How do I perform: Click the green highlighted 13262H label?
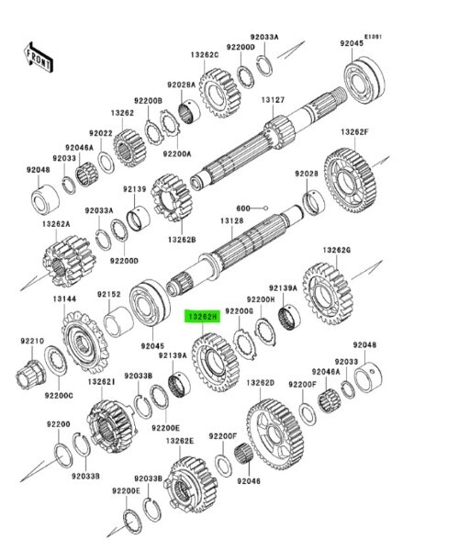203,317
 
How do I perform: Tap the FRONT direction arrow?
39,57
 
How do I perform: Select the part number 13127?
273,100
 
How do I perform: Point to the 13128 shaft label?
231,221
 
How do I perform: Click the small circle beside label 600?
266,208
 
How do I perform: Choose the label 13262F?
354,132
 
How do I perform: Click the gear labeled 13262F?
350,180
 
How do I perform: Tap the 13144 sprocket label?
64,298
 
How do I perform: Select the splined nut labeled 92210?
30,375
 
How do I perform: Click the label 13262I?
102,381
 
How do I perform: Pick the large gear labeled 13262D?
275,434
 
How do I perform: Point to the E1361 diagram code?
373,37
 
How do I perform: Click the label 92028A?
181,84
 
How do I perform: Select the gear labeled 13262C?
219,93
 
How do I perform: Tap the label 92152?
109,294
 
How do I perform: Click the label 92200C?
59,395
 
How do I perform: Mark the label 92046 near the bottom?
249,480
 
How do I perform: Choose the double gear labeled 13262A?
69,261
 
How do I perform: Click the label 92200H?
261,299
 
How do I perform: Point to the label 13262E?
180,440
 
